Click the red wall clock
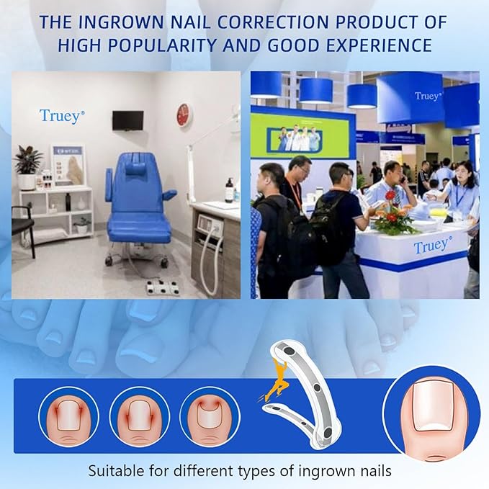tap(184, 115)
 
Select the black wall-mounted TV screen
tap(127, 120)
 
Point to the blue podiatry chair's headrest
tap(135, 171)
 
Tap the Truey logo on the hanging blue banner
tap(428, 96)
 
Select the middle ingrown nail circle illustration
tap(139, 416)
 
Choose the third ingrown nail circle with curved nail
tap(208, 416)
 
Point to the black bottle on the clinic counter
tap(229, 191)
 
